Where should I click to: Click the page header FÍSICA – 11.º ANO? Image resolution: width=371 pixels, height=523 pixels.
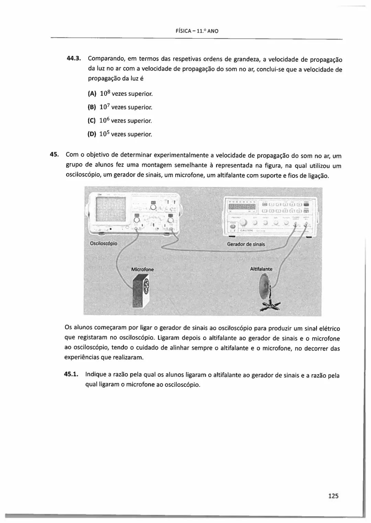[197, 31]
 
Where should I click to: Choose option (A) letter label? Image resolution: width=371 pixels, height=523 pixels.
[92, 94]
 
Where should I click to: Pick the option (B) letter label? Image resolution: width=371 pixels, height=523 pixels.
[92, 107]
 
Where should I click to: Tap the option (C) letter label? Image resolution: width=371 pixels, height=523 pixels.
[92, 121]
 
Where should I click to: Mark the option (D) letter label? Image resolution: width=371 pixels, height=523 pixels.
[92, 134]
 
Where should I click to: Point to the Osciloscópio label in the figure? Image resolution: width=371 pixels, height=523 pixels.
[103, 243]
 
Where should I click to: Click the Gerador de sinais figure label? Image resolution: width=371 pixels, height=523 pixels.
[246, 244]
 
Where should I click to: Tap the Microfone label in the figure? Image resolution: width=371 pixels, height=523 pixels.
[143, 270]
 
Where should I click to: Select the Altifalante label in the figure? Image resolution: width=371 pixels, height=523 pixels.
[261, 269]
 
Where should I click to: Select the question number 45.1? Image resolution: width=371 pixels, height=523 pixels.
[72, 374]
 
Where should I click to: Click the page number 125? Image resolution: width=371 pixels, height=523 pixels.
[333, 496]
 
